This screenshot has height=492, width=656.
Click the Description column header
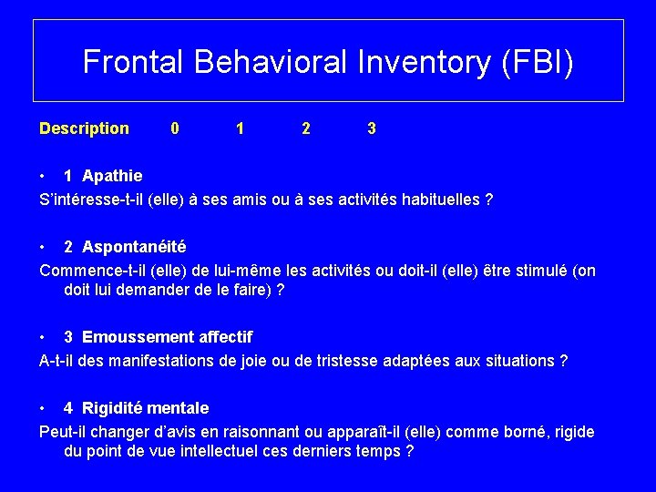84,128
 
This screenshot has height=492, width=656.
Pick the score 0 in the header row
175,128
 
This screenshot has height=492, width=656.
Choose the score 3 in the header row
371,128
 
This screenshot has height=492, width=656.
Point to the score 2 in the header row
305,128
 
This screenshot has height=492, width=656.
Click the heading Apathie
112,175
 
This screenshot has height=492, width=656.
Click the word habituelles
439,199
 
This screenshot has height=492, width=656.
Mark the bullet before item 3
43,337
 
